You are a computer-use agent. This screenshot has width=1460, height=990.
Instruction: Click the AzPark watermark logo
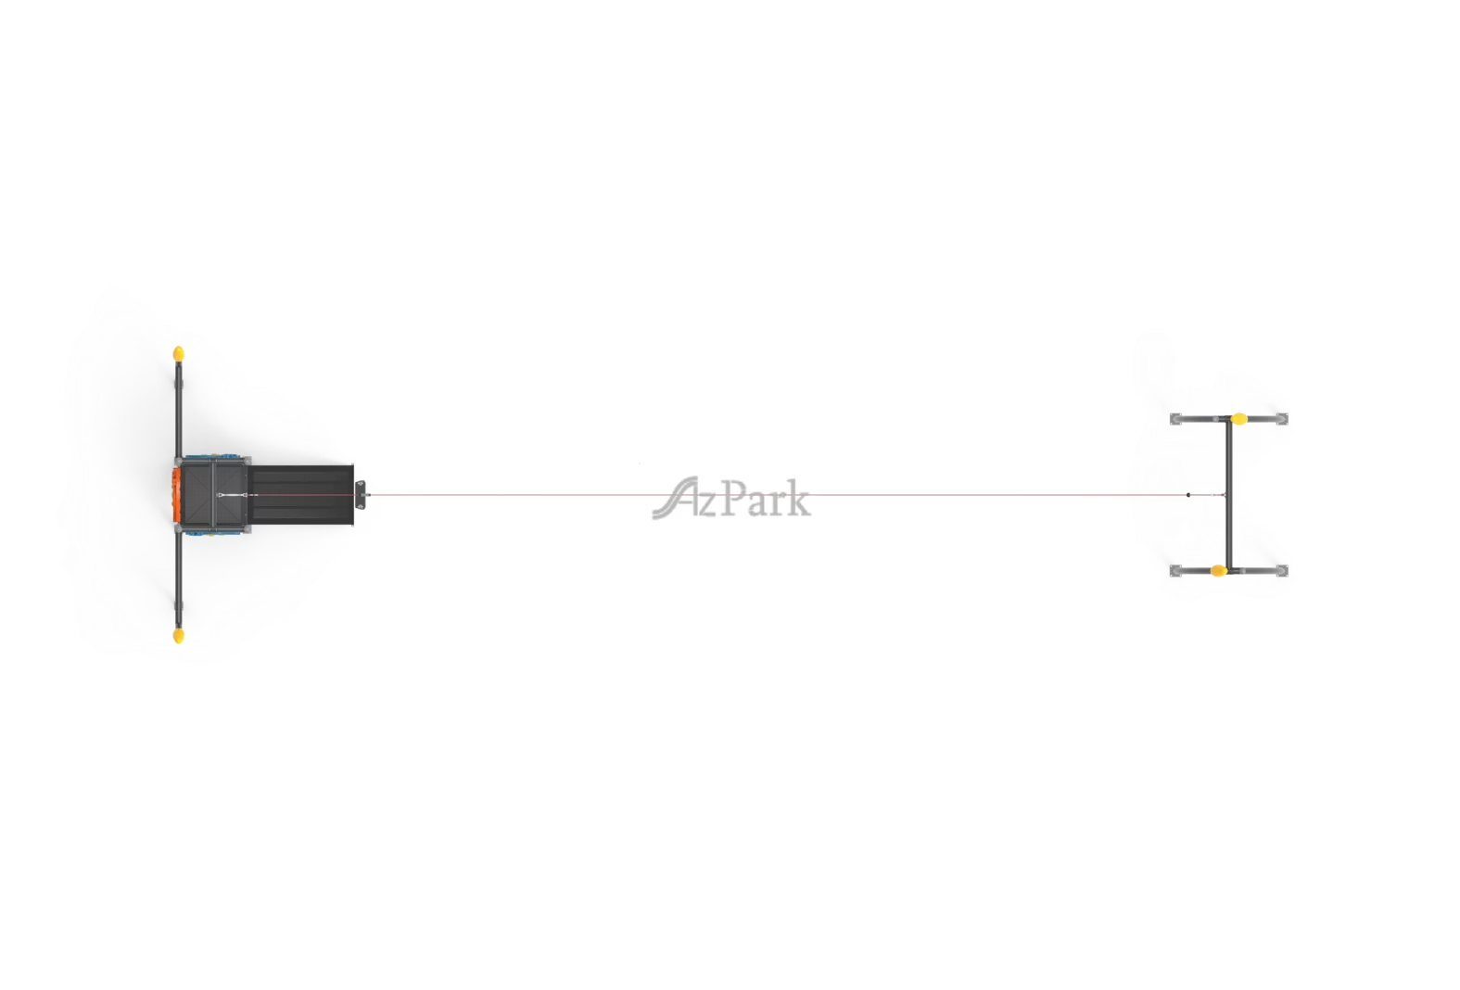click(730, 498)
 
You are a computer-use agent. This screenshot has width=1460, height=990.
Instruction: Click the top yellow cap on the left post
click(179, 353)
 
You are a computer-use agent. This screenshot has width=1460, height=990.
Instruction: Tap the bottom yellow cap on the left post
click(179, 635)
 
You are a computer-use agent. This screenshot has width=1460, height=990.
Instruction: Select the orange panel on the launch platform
click(175, 494)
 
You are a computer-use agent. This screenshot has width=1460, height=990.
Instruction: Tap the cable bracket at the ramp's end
click(360, 494)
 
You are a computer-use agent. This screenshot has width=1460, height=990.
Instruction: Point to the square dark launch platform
click(214, 494)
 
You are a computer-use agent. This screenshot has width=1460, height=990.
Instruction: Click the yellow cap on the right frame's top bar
click(1238, 419)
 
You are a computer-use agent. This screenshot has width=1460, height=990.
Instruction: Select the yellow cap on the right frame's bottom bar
click(1218, 571)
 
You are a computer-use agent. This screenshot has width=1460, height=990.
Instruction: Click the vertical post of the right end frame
click(1228, 494)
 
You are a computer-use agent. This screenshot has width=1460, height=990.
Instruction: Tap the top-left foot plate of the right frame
click(1175, 419)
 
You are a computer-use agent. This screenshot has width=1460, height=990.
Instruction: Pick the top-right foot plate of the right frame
click(1282, 419)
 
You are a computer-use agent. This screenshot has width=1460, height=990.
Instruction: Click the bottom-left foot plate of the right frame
click(1175, 571)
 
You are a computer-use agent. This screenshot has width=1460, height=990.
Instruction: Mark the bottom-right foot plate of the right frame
click(1282, 571)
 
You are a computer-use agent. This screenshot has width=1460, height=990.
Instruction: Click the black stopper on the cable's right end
click(1188, 495)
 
